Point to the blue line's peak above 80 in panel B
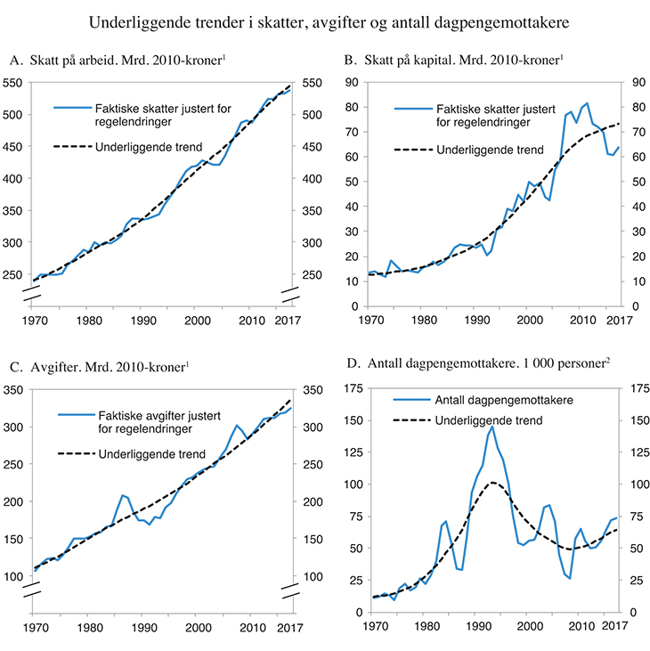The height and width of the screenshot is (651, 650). click(587, 103)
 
